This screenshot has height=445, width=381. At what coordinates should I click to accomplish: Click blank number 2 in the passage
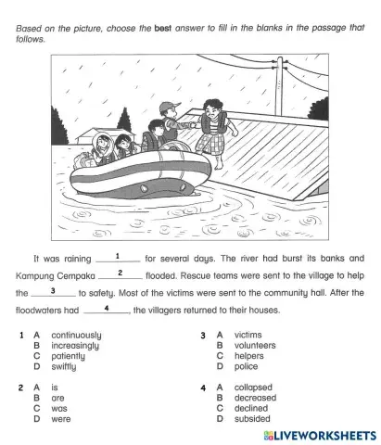pos(121,274)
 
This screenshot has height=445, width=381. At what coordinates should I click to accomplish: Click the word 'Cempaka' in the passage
pos(70,275)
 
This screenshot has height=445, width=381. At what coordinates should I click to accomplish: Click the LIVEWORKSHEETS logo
pos(319,434)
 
